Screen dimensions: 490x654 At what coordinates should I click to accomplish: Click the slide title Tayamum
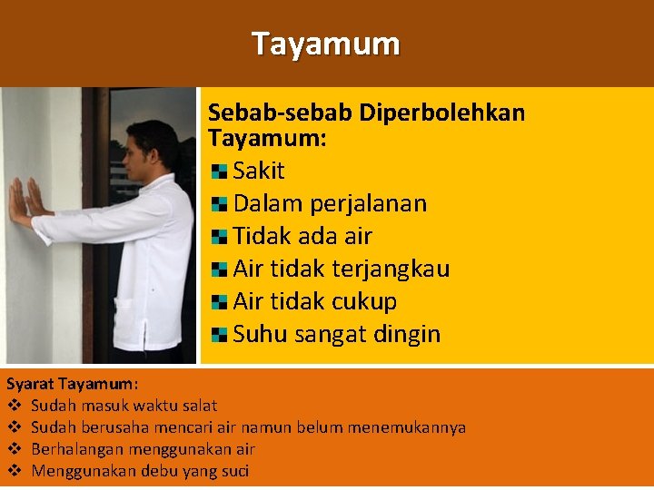pyautogui.click(x=326, y=44)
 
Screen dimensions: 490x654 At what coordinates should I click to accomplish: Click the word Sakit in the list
pyautogui.click(x=259, y=171)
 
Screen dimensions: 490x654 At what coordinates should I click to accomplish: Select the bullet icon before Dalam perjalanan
pyautogui.click(x=219, y=204)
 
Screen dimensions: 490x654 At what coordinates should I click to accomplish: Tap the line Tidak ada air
pyautogui.click(x=302, y=236)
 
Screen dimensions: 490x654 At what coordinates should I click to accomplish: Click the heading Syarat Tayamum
pyautogui.click(x=73, y=384)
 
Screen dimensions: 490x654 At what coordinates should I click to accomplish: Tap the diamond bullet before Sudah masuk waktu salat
pyautogui.click(x=15, y=406)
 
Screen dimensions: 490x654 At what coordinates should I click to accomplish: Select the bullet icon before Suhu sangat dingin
pyautogui.click(x=219, y=335)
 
